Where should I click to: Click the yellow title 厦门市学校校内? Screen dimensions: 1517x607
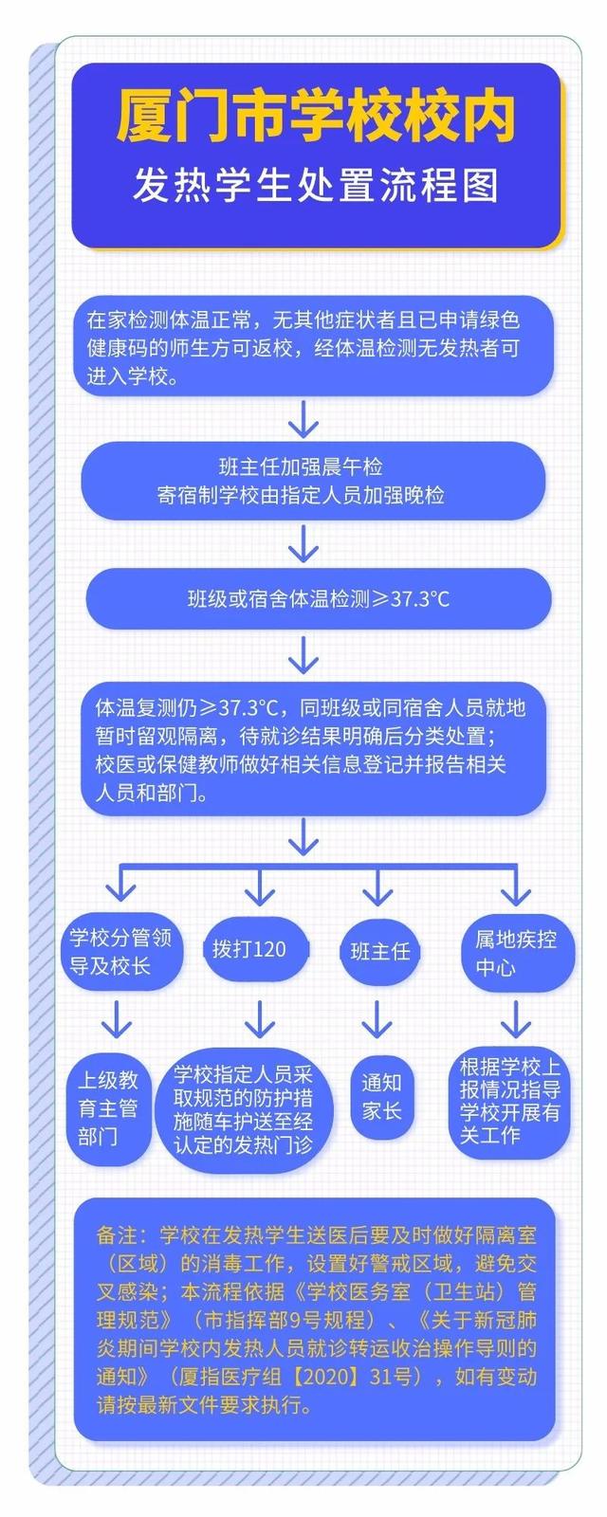point(317,117)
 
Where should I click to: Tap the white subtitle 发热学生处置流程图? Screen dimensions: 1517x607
point(317,186)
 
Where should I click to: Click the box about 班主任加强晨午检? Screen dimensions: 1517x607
point(313,481)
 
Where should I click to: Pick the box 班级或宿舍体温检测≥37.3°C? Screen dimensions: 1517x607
point(318,599)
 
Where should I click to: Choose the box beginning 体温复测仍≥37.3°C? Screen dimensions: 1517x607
point(313,749)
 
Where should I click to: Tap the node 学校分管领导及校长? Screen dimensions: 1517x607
point(120,952)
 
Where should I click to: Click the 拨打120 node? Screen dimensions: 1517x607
point(248,950)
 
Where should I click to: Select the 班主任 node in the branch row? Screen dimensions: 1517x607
point(379,951)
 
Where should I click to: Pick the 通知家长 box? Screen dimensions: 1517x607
point(381,1096)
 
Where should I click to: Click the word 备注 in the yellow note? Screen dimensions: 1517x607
point(119,1235)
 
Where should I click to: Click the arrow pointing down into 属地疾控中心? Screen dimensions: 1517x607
point(516,886)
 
